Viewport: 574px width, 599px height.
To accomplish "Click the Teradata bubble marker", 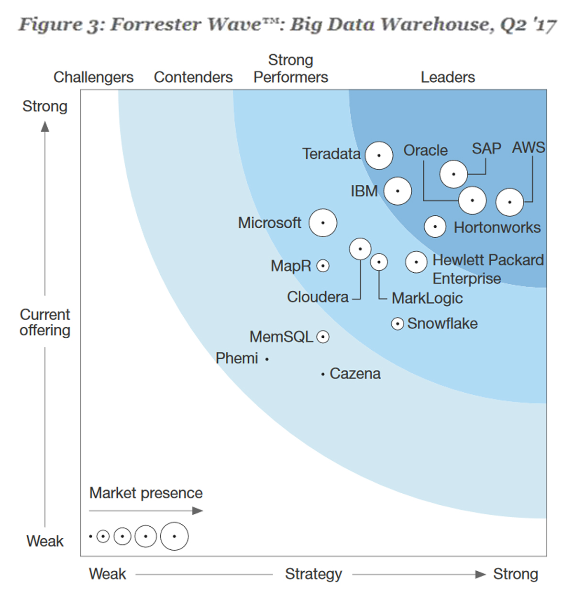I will pos(379,155).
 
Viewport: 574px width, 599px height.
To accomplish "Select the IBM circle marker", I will pos(397,191).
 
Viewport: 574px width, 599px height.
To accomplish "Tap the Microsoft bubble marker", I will pos(323,223).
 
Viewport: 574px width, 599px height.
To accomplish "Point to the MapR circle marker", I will pos(323,266).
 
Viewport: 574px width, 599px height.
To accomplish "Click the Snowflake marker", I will pos(397,324).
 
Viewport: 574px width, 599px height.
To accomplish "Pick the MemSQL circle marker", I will pos(323,337).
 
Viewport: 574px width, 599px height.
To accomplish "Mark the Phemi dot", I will pos(267,359).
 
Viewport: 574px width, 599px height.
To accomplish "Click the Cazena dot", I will pos(323,374).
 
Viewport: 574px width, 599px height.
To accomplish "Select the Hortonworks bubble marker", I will pos(435,226).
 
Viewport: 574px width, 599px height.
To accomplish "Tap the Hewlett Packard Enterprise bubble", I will pos(416,262).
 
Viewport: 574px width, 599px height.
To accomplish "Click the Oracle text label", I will pos(425,150).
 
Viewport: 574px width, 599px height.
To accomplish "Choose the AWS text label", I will pos(528,147).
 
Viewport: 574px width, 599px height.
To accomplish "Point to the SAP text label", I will pos(486,148).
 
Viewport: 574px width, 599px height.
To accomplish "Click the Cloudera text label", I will pos(318,297).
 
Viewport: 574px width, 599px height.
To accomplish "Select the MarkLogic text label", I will pos(427,298).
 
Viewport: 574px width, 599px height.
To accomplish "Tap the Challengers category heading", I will pos(93,77).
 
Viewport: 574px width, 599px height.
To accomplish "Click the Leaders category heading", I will pos(448,77).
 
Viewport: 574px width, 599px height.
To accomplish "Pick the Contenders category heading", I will pos(193,77).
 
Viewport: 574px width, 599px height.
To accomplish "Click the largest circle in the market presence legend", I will pos(174,536).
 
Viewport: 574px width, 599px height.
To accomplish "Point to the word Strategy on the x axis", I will pos(313,574).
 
